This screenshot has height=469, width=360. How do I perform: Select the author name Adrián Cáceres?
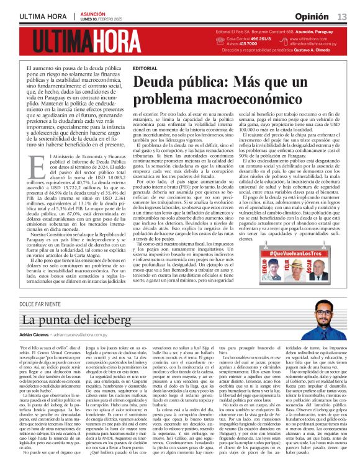tap(38, 334)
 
